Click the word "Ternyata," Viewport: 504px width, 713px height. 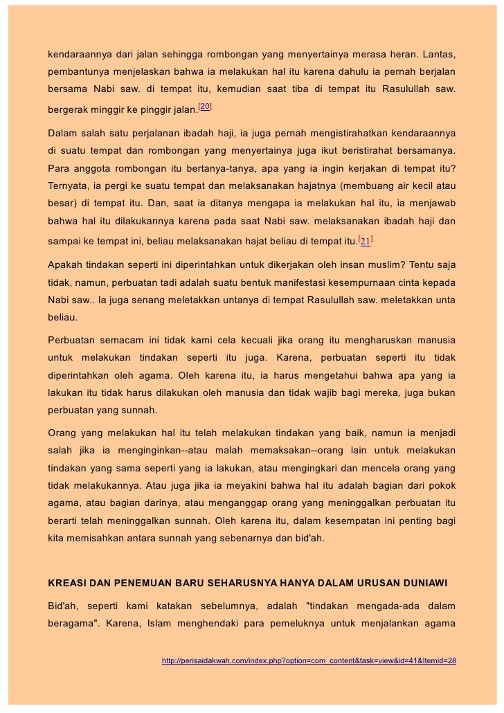click(x=71, y=187)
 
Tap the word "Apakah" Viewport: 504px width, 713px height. click(x=66, y=264)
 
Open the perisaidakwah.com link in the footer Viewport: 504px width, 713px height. click(x=308, y=660)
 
